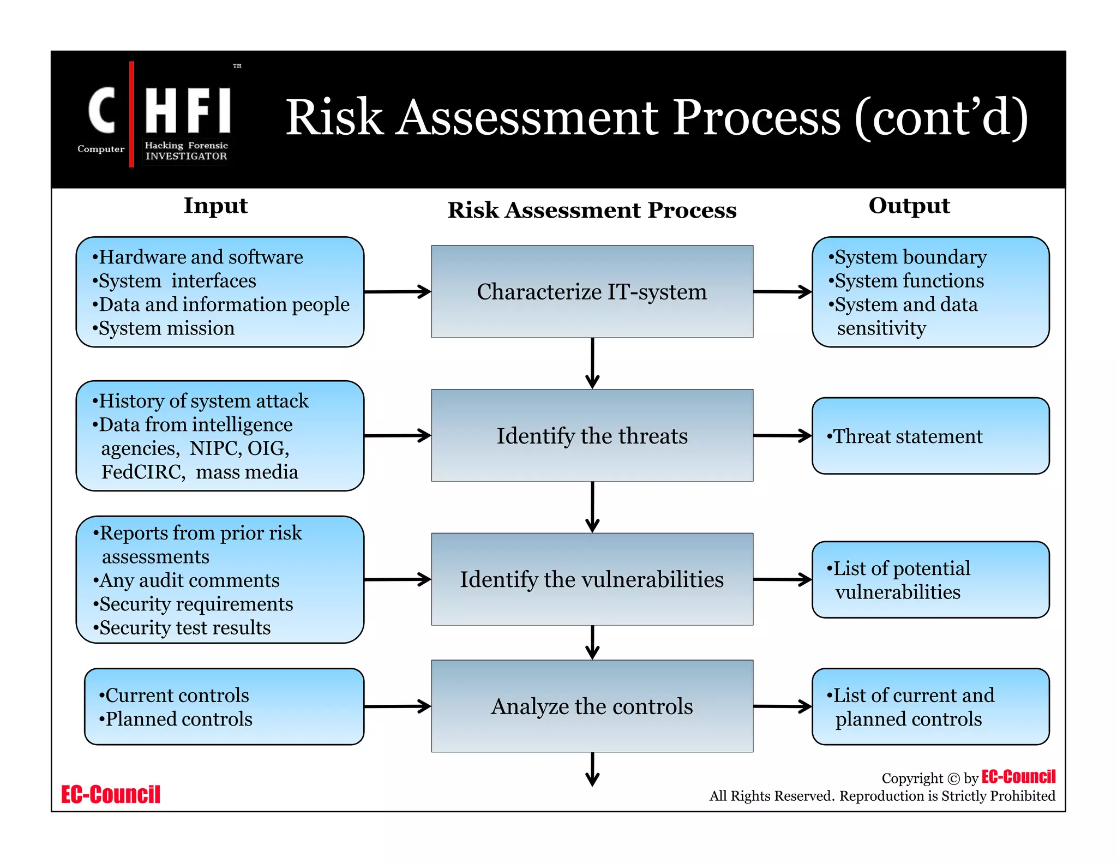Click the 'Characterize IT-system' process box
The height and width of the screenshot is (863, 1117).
pos(592,291)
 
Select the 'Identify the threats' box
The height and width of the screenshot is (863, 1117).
pos(592,435)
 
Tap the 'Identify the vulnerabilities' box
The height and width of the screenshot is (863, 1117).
pos(592,579)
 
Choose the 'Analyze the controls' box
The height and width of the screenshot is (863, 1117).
pos(592,706)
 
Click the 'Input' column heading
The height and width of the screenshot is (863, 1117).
pos(215,206)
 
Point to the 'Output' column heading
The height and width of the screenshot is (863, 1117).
pos(909,206)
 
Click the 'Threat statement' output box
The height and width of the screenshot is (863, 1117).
pos(930,436)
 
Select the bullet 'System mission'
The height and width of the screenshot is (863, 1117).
pos(166,328)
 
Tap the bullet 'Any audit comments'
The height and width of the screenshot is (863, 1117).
pos(189,580)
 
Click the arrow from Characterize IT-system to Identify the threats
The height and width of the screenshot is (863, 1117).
pos(592,363)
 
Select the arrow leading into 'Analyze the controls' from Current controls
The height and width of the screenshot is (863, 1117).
pos(397,706)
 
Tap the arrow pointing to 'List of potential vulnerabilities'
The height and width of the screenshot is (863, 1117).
pos(782,579)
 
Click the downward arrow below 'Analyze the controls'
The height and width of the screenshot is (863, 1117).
pos(592,769)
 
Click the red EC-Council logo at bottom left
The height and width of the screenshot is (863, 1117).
pos(111,794)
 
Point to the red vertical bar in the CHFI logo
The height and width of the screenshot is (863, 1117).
pos(131,114)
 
